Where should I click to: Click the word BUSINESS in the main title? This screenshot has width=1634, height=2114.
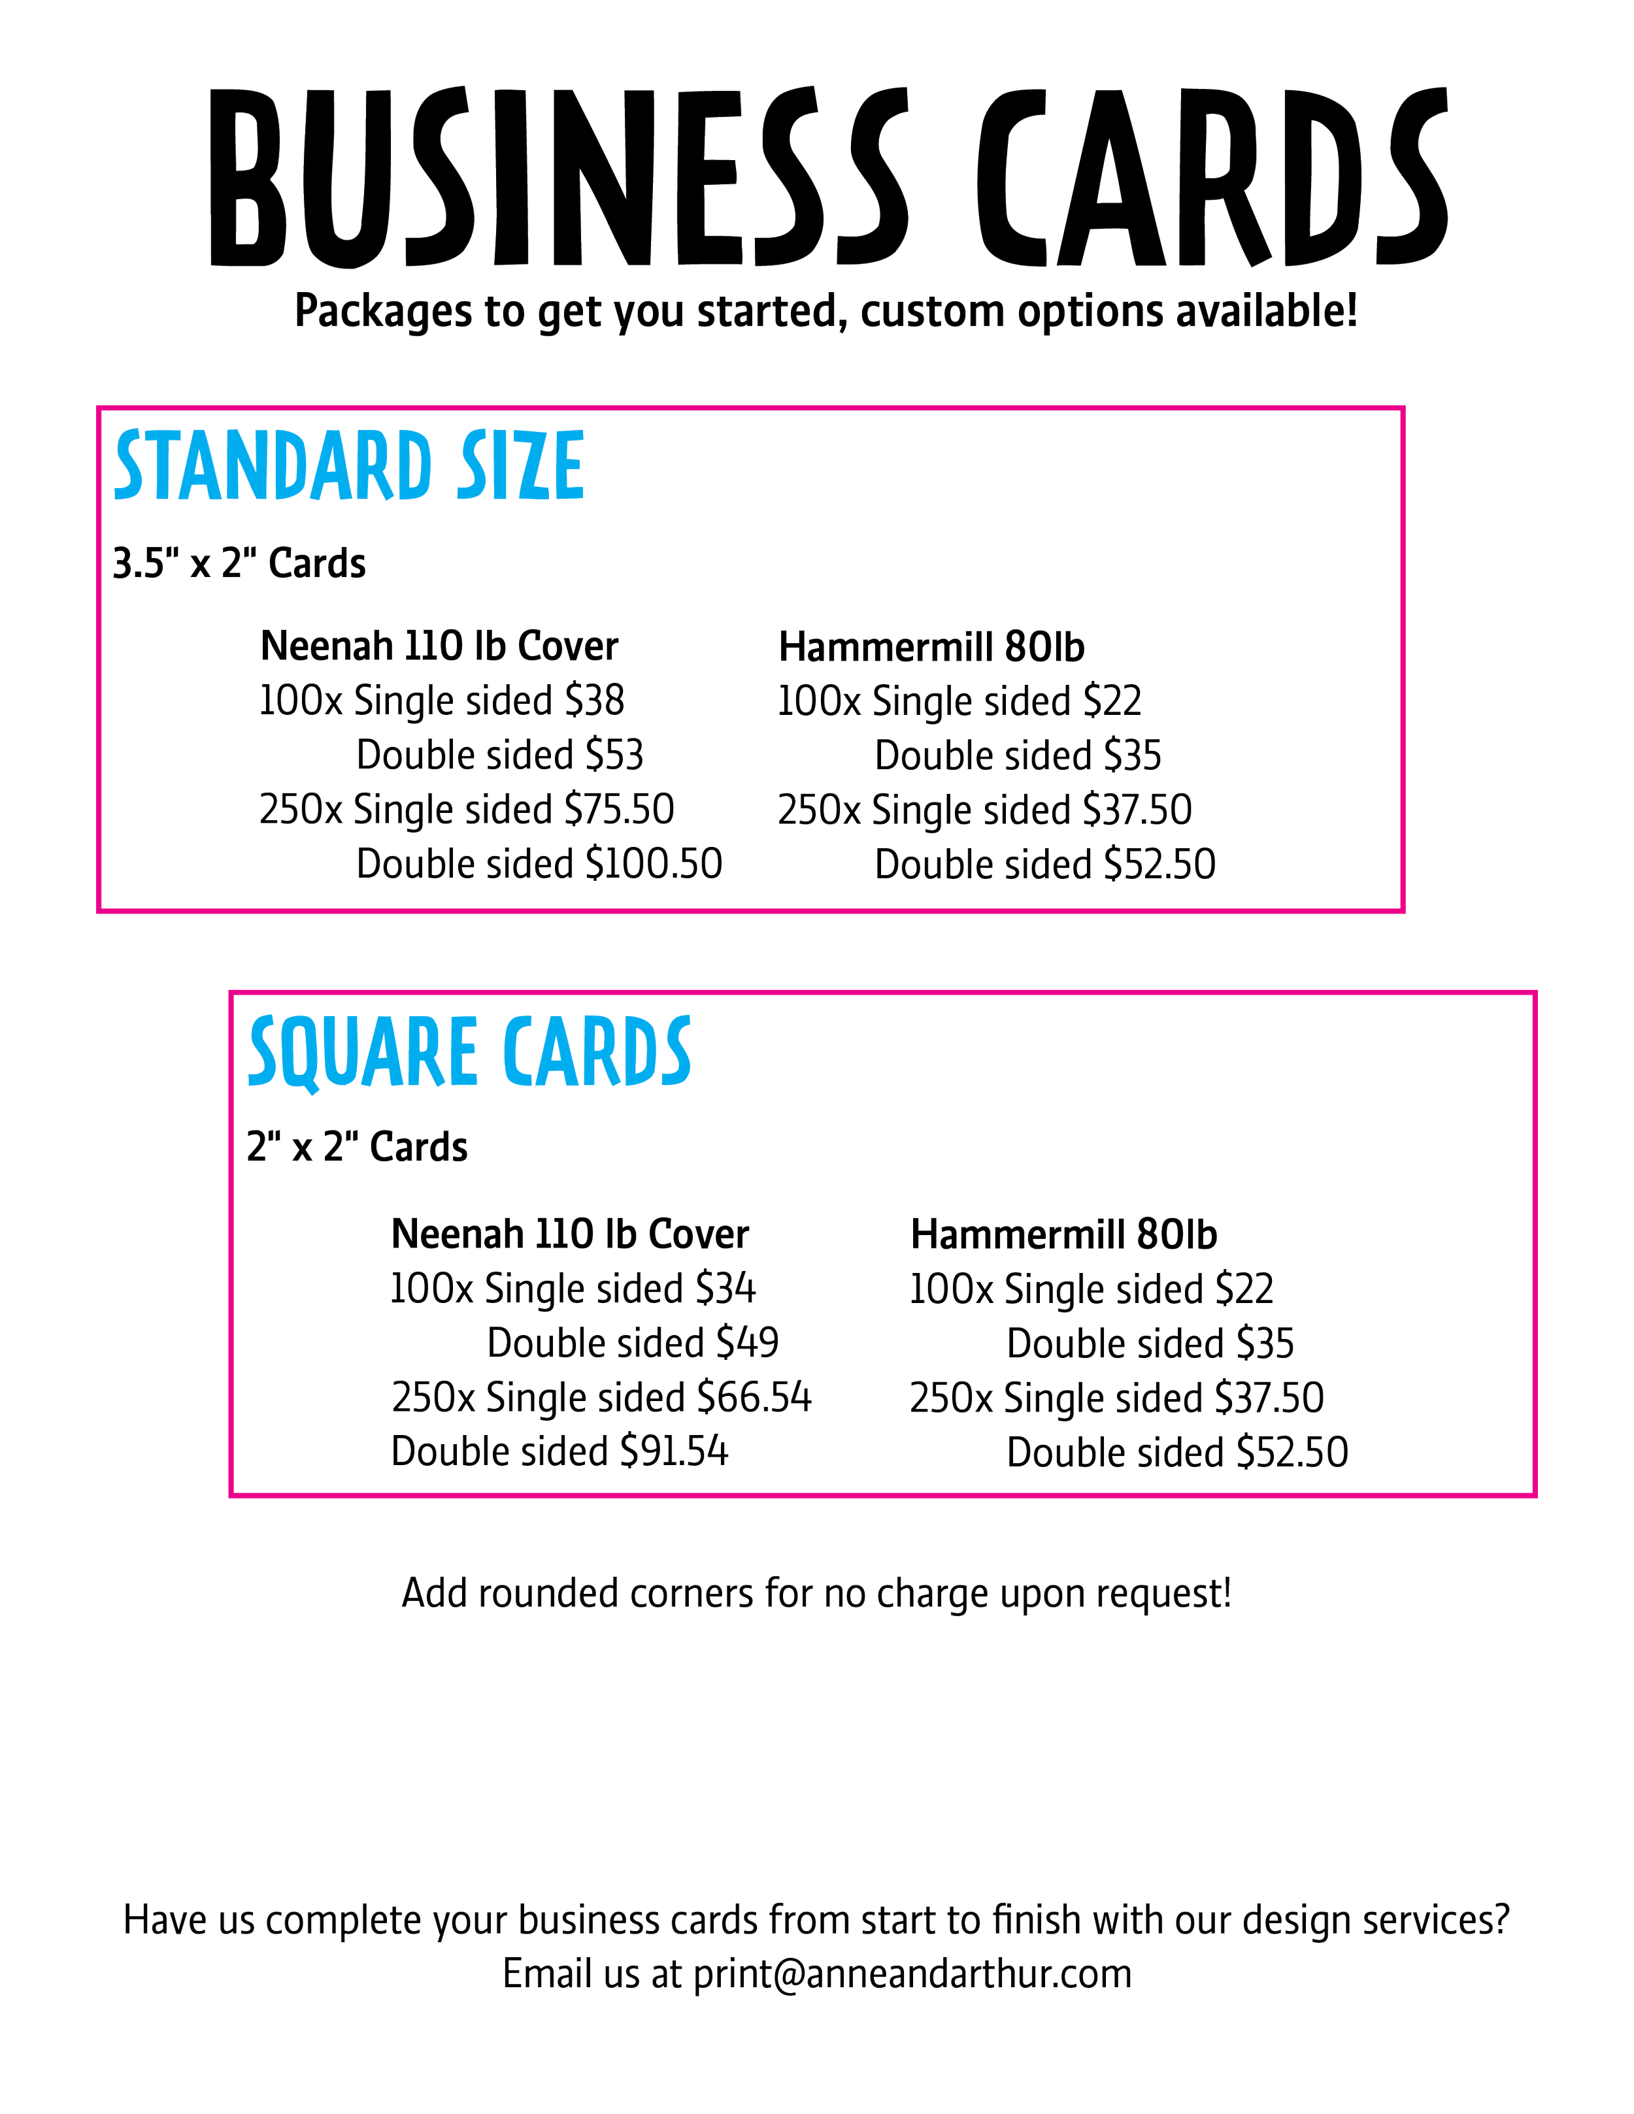point(559,176)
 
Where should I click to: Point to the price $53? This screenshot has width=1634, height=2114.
point(614,755)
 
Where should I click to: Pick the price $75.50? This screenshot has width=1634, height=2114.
point(620,809)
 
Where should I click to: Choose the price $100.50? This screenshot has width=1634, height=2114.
point(654,863)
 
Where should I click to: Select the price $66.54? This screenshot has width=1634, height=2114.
point(754,1396)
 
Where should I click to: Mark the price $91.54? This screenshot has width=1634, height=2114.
point(674,1451)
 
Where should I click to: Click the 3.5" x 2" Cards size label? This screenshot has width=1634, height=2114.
point(239,563)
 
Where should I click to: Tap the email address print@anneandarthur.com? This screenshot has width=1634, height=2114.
point(913,1974)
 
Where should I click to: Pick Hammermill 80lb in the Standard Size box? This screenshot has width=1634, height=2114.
point(931,646)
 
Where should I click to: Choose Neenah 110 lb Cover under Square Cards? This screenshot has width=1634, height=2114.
point(570,1234)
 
